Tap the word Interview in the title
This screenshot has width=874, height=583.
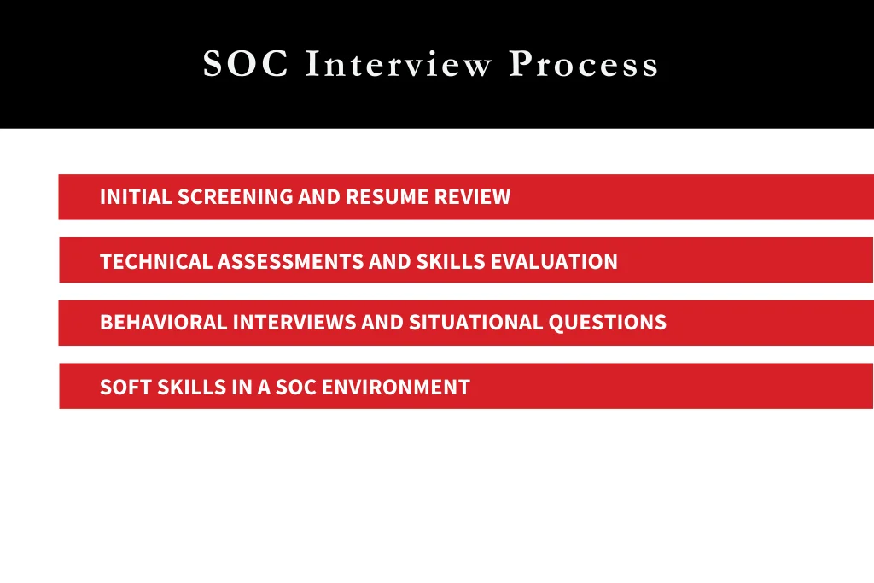(x=399, y=65)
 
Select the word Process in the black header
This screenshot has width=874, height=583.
(x=584, y=65)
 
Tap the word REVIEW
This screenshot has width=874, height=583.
(x=472, y=197)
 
